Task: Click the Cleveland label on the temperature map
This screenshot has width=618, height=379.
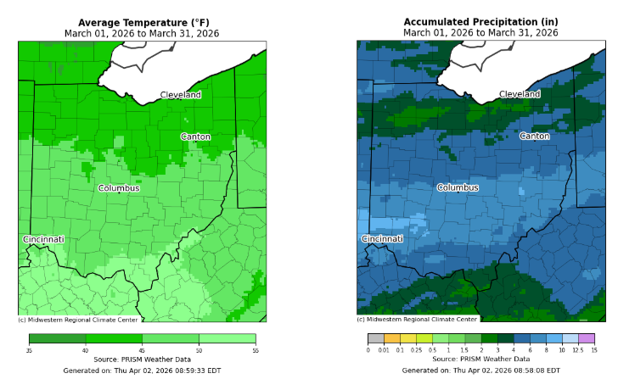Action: click(181, 95)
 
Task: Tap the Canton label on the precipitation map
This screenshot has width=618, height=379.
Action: click(534, 137)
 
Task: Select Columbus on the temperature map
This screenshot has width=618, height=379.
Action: click(119, 188)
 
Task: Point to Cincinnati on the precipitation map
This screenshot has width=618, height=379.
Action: click(382, 239)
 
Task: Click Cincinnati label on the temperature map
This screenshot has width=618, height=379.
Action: click(43, 239)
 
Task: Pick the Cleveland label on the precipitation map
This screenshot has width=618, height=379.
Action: click(520, 95)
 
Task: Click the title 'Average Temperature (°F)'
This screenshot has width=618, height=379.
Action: click(142, 22)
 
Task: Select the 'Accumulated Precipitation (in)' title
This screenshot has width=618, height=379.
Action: click(480, 22)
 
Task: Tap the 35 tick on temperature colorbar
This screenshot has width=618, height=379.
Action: click(29, 349)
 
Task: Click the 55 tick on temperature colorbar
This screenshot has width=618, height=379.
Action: click(255, 349)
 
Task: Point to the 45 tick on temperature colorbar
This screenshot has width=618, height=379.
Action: click(142, 349)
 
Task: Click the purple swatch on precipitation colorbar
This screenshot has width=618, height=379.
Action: click(586, 338)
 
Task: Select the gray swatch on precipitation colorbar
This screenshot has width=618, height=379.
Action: click(376, 338)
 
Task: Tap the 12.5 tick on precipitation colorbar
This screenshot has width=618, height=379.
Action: click(577, 349)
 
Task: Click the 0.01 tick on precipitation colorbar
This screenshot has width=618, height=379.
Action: click(385, 349)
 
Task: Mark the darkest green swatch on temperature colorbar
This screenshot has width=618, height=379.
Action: click(57, 338)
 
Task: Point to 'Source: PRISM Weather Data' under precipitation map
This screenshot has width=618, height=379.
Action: click(480, 359)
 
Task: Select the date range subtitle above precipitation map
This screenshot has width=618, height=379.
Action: click(480, 33)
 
